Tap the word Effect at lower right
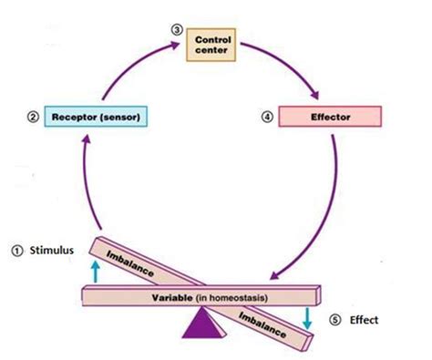point(366,320)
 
